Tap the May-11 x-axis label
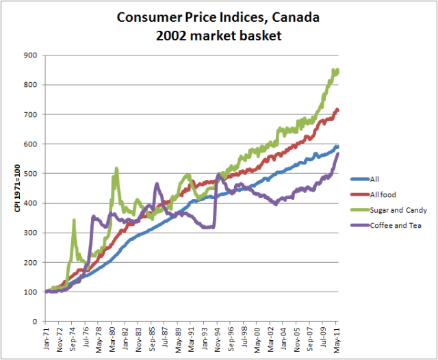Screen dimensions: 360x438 pyautogui.click(x=337, y=339)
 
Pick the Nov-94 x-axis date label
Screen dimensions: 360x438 pyautogui.click(x=218, y=339)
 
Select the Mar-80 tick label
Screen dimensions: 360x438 pyautogui.click(x=112, y=339)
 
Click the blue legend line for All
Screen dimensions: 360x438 pyautogui.click(x=359, y=179)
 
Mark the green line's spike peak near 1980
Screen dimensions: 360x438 pyautogui.click(x=116, y=168)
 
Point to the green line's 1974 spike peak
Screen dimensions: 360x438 pyautogui.click(x=73, y=221)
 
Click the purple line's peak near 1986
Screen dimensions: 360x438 pyautogui.click(x=157, y=184)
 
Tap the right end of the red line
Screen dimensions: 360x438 pyautogui.click(x=337, y=110)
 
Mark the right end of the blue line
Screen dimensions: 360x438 pyautogui.click(x=337, y=147)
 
